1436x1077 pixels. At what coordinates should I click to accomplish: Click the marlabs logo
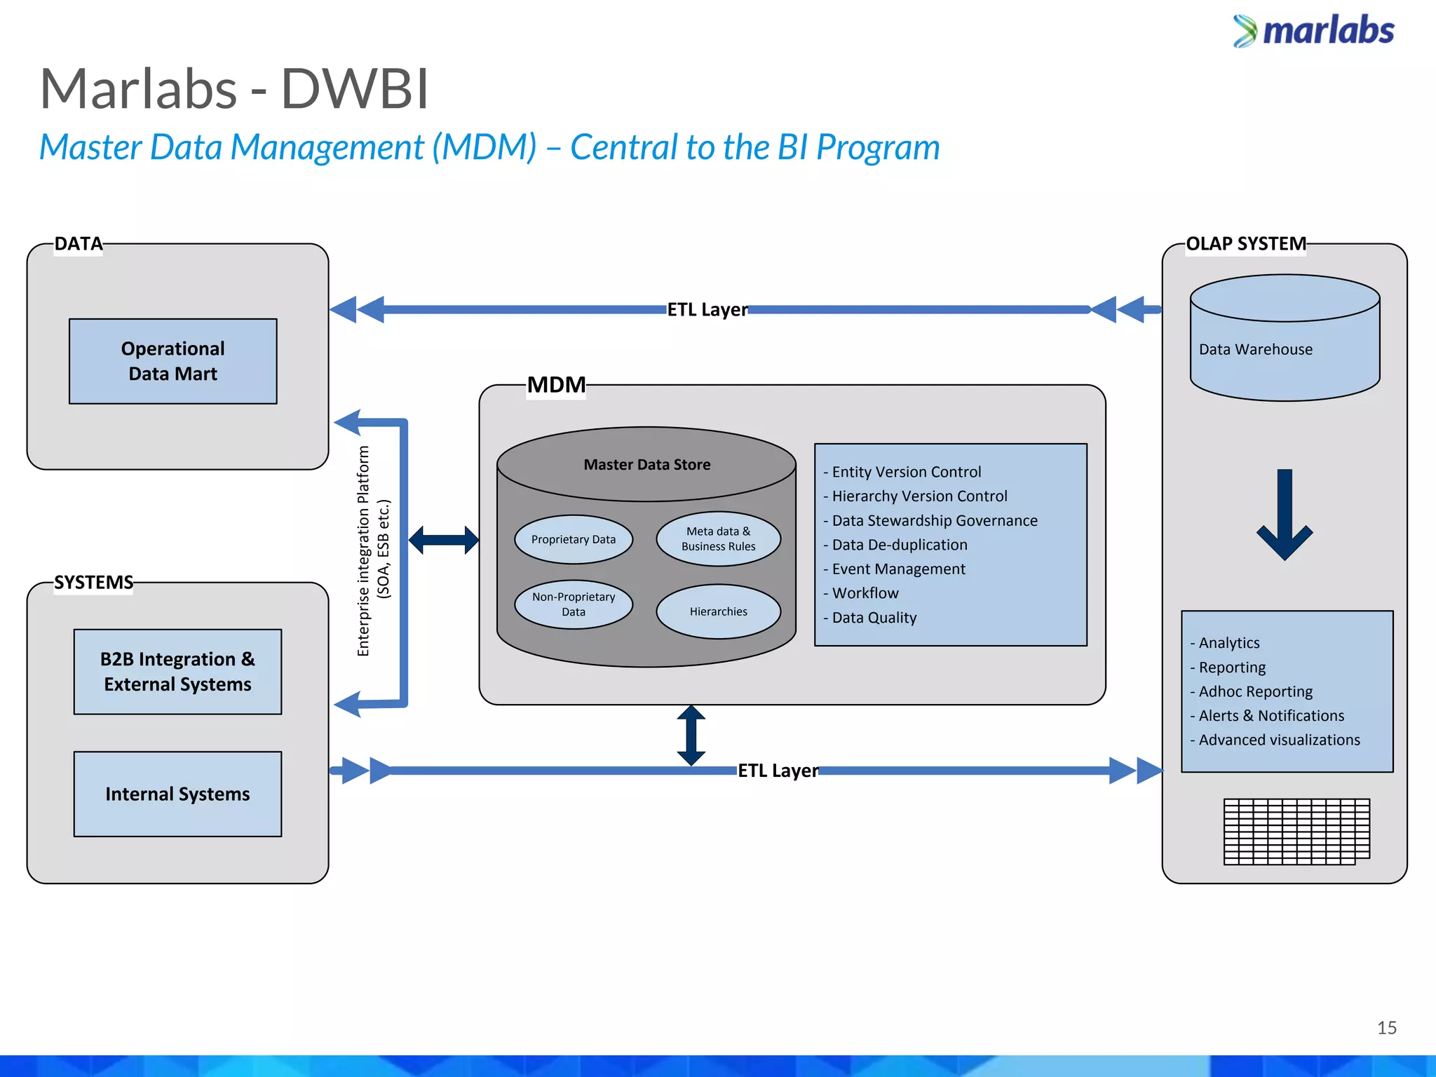pyautogui.click(x=1314, y=32)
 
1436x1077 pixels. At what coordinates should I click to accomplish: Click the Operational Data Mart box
pyautogui.click(x=172, y=361)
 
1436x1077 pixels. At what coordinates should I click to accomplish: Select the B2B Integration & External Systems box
pyautogui.click(x=177, y=671)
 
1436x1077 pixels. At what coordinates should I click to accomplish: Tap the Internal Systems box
pyautogui.click(x=177, y=794)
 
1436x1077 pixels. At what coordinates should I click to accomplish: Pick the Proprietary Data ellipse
pyautogui.click(x=573, y=539)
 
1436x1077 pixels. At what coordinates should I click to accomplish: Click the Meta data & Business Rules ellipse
pyautogui.click(x=718, y=538)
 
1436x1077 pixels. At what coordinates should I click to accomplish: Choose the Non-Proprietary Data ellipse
pyautogui.click(x=573, y=604)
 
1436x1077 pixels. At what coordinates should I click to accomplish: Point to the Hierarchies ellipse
pyautogui.click(x=718, y=611)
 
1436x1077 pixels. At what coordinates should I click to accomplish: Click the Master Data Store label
pyautogui.click(x=646, y=464)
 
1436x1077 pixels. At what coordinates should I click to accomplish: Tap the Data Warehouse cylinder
pyautogui.click(x=1285, y=349)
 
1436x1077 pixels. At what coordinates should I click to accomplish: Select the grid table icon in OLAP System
pyautogui.click(x=1296, y=831)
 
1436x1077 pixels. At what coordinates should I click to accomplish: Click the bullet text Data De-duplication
pyautogui.click(x=899, y=545)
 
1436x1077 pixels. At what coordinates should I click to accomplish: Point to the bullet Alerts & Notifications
pyautogui.click(x=1271, y=715)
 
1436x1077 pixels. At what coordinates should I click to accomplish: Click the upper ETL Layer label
pyautogui.click(x=707, y=309)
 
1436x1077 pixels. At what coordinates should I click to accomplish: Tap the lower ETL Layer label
pyautogui.click(x=778, y=771)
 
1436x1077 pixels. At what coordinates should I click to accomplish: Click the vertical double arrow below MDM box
pyautogui.click(x=691, y=736)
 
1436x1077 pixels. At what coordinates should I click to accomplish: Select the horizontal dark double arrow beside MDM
pyautogui.click(x=444, y=540)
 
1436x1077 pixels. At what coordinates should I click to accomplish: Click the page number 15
pyautogui.click(x=1386, y=1028)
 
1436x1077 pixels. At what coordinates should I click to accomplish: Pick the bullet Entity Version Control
pyautogui.click(x=906, y=472)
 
